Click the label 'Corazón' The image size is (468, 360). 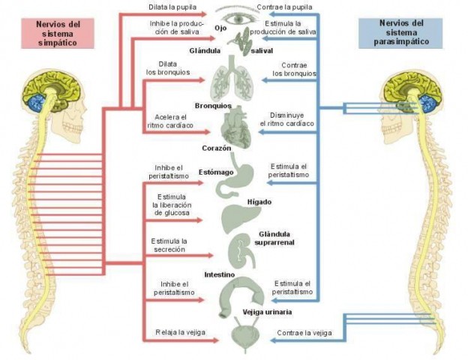(216, 148)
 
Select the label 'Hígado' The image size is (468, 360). (259, 202)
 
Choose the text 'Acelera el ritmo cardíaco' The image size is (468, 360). (171, 122)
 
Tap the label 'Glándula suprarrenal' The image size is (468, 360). (274, 238)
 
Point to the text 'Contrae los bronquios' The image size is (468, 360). (293, 70)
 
